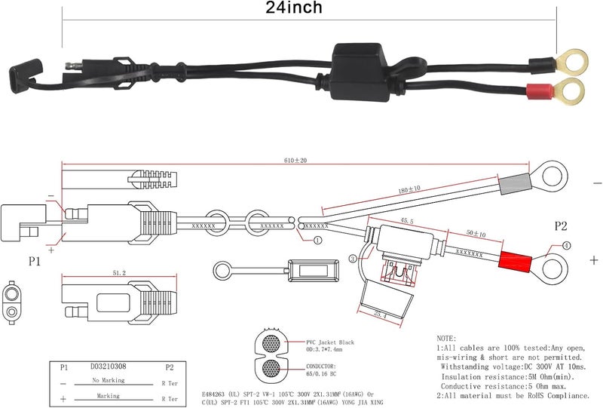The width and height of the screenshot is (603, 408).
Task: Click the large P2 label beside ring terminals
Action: [561, 225]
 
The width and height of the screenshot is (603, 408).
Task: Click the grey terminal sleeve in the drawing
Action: [513, 183]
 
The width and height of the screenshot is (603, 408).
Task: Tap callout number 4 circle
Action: [567, 244]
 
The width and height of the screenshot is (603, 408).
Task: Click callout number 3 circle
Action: [352, 259]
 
